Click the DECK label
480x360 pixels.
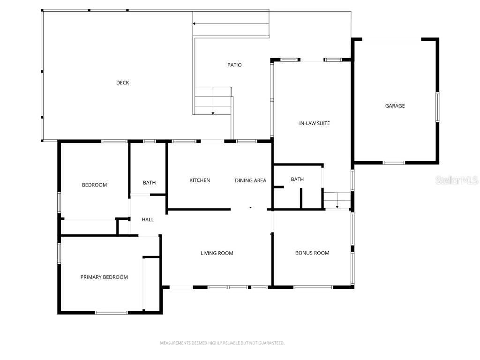[x=122, y=83]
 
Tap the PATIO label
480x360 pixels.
[x=234, y=65]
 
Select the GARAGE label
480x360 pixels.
[x=395, y=106]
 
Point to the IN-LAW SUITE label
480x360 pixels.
[x=315, y=123]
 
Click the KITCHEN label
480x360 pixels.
[x=200, y=180]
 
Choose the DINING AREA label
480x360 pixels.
[x=250, y=180]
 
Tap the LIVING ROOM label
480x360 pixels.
[x=217, y=253]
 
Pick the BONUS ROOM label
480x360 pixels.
[x=312, y=253]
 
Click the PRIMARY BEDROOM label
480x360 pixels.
[x=104, y=277]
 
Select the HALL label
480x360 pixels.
[x=148, y=219]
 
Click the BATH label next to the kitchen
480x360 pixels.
[x=149, y=183]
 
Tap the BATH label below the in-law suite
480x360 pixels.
[x=297, y=180]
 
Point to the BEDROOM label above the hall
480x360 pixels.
[x=94, y=185]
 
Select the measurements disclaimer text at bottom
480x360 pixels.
[x=222, y=343]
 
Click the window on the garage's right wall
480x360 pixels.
[x=437, y=107]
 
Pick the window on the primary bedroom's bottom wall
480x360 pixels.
[x=111, y=312]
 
